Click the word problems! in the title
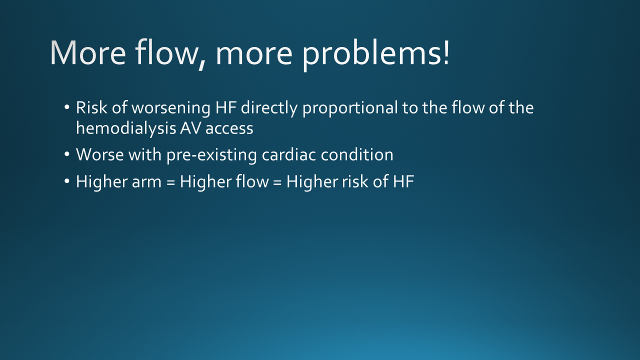point(375,54)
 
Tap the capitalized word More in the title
point(88,53)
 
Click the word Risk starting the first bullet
point(91,107)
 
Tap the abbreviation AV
point(190,128)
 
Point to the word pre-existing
point(211,156)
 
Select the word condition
point(357,155)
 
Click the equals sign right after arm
point(170,182)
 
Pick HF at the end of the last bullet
point(403,181)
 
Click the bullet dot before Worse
point(67,154)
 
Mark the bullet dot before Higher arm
point(67,181)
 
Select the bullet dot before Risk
point(67,107)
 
